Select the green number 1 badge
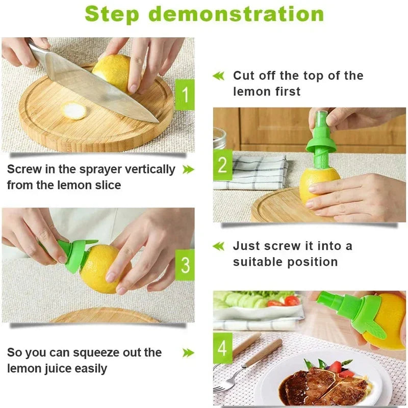coord(184,94)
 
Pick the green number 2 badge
coord(222,165)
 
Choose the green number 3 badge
coord(185,265)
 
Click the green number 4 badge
coord(222,348)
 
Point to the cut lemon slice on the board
coord(75,110)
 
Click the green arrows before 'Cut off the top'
coord(218,76)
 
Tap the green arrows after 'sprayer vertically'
coord(188,169)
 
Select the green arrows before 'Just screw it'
coord(218,246)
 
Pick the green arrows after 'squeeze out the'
coord(188,352)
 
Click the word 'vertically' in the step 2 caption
coord(147,169)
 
